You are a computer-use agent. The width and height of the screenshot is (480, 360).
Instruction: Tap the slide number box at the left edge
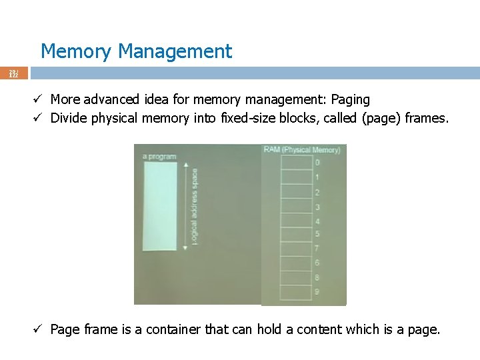click(x=13, y=73)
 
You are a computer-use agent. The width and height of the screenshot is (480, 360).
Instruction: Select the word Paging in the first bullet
click(x=351, y=100)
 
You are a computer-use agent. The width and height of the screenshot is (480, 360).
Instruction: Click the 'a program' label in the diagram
click(x=159, y=157)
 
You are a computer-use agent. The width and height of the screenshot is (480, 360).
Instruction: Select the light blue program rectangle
click(x=160, y=206)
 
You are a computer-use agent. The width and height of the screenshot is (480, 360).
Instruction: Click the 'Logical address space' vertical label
click(x=195, y=207)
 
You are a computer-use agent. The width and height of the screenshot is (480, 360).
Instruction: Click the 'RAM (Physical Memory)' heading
click(x=301, y=150)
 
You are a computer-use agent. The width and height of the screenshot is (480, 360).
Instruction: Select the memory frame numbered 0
click(x=297, y=162)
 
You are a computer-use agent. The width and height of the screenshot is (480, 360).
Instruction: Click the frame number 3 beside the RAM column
click(x=317, y=207)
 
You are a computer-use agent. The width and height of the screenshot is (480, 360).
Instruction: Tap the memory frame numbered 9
click(x=297, y=292)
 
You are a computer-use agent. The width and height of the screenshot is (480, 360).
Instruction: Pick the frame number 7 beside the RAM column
click(x=317, y=249)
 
